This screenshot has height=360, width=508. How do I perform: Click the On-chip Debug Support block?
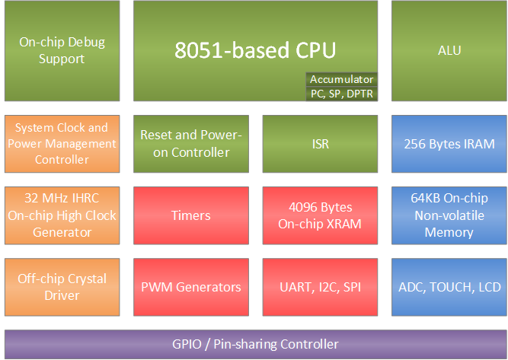(62, 50)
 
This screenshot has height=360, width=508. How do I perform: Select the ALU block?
(449, 50)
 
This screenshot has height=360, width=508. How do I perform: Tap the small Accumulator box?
(341, 79)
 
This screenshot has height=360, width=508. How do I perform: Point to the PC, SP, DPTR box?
(341, 94)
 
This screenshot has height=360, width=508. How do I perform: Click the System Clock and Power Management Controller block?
(62, 143)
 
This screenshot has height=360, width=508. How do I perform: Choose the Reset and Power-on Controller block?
(191, 143)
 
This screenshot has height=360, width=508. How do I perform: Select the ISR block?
(321, 143)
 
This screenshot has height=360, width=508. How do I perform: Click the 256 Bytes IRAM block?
(449, 143)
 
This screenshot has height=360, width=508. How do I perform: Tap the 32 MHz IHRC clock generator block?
(62, 215)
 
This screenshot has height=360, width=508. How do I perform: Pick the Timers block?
(191, 215)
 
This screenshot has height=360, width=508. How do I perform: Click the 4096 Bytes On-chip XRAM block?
(321, 215)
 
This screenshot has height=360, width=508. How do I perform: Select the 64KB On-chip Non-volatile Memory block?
(449, 215)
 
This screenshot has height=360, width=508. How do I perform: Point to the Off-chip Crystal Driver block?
(62, 287)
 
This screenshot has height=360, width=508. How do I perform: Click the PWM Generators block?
(191, 287)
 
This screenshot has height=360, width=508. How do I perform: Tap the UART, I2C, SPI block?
(321, 287)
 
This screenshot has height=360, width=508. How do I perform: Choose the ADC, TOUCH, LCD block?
(449, 287)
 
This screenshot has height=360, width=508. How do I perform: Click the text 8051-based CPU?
(255, 50)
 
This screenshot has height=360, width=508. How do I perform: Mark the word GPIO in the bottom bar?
(187, 344)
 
